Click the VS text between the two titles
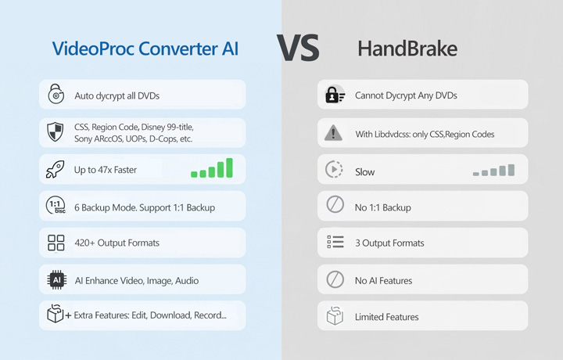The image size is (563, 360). coord(298,49)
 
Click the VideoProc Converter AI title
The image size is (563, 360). coord(145,49)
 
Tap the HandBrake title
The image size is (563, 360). coord(407,49)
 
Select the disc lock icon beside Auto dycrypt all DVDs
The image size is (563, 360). coord(56,95)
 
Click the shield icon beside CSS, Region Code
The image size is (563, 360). coord(56,132)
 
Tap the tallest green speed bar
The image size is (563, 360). coord(229,167)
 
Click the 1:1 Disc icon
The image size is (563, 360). coord(56,207)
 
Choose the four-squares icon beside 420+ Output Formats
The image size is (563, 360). coord(56,243)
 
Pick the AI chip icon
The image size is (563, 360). coord(56,279)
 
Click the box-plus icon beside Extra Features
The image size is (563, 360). coord(57,315)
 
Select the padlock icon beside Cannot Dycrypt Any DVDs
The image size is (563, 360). coord(335,95)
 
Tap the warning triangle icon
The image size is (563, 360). coord(334,133)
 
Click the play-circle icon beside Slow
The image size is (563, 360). coord(334,170)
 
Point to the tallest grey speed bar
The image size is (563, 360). coord(511,169)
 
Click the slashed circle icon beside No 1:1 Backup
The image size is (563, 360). coord(335,206)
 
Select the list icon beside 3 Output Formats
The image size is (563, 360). coord(335,243)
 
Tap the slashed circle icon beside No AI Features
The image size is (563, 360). coord(335,279)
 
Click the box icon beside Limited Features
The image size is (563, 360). coord(335,316)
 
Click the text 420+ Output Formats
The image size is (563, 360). coord(117,243)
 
